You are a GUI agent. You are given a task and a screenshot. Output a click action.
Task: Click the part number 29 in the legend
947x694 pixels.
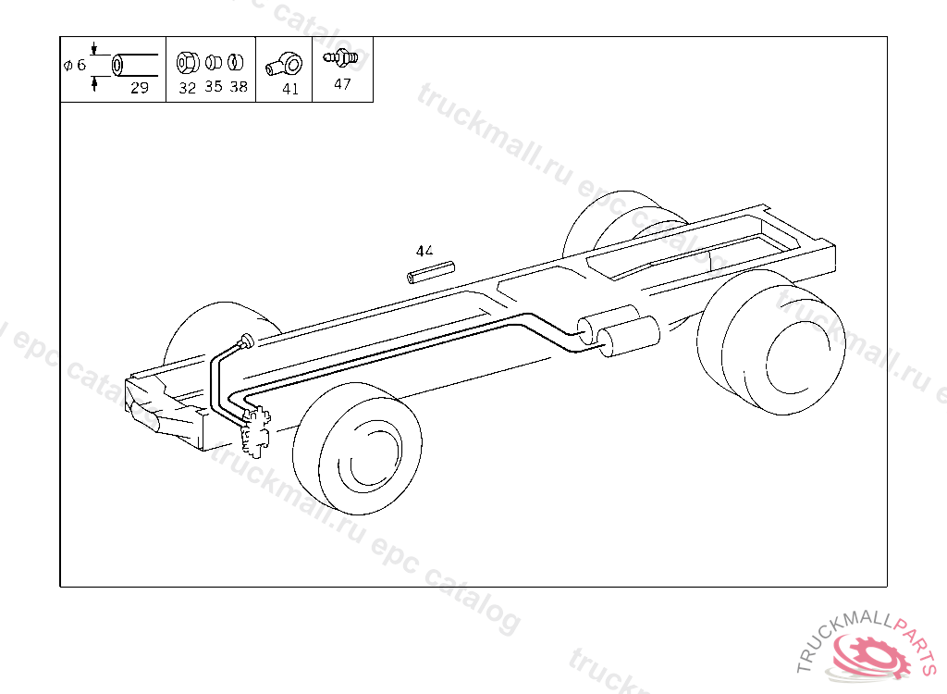[x=140, y=88]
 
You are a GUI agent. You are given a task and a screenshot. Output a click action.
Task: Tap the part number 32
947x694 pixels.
[x=187, y=88]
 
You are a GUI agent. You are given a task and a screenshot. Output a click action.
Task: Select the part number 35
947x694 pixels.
[x=214, y=86]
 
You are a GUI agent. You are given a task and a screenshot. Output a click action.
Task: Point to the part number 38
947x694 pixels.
[x=239, y=87]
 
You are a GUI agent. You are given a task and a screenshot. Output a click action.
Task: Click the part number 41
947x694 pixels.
[x=290, y=89]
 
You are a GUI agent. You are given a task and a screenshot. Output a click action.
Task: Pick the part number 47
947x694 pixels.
[x=342, y=84]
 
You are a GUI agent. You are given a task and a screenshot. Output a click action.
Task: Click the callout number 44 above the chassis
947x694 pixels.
[x=424, y=250]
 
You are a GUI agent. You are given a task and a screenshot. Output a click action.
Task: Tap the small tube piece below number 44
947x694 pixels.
[x=431, y=272]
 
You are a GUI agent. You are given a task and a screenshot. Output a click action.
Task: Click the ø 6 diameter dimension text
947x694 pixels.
[x=75, y=66]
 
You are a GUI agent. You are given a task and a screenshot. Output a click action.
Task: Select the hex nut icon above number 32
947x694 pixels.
[x=187, y=62]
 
